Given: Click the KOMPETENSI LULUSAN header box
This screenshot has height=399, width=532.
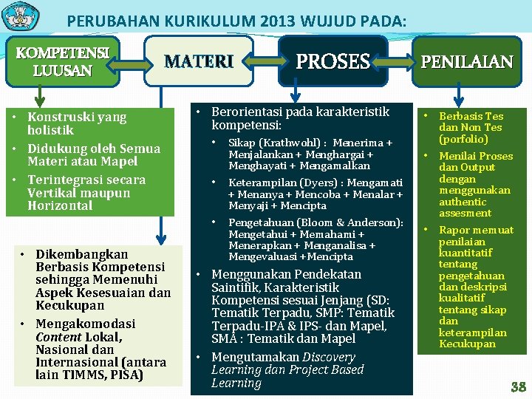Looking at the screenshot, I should pyautogui.click(x=62, y=61).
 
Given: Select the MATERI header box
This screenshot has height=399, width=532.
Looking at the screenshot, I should pyautogui.click(x=199, y=61).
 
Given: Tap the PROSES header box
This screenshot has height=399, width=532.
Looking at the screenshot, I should pyautogui.click(x=332, y=61).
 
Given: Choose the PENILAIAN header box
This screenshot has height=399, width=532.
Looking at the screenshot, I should pyautogui.click(x=466, y=61).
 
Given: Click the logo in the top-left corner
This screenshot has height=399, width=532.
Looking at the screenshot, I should pyautogui.click(x=20, y=16).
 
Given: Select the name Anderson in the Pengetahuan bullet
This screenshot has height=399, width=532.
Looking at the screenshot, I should pyautogui.click(x=377, y=222).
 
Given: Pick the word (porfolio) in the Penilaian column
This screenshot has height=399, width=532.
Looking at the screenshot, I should pyautogui.click(x=463, y=139).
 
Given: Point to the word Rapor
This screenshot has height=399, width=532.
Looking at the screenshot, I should pyautogui.click(x=454, y=230).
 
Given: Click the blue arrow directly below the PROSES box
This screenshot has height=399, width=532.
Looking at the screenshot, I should pyautogui.click(x=296, y=92).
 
